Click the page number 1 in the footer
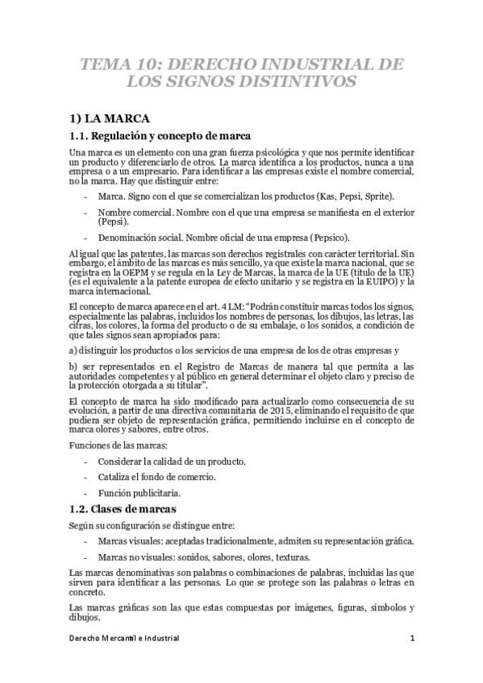(x=411, y=638)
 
